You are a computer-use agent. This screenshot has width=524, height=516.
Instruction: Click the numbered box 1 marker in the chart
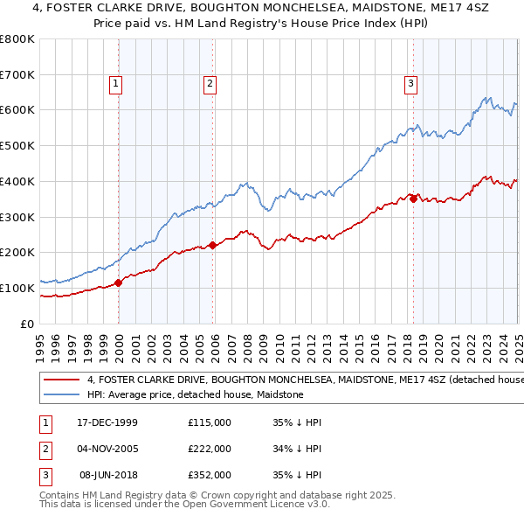click(116, 84)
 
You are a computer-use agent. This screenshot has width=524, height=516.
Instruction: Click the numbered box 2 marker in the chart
click(210, 84)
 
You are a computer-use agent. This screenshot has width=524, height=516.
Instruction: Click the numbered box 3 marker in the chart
click(410, 84)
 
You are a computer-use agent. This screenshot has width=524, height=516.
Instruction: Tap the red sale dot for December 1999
click(120, 282)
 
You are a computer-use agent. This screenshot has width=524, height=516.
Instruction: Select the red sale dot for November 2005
click(213, 245)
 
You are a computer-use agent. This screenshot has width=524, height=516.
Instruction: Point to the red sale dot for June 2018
click(413, 199)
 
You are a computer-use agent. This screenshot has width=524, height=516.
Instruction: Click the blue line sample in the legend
click(61, 395)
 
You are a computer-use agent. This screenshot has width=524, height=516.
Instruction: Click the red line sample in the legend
click(61, 380)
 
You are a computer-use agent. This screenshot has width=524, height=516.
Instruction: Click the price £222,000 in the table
click(210, 449)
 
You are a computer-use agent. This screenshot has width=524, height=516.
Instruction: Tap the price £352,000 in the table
click(210, 475)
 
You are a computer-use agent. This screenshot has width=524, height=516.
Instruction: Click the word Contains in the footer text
click(61, 495)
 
